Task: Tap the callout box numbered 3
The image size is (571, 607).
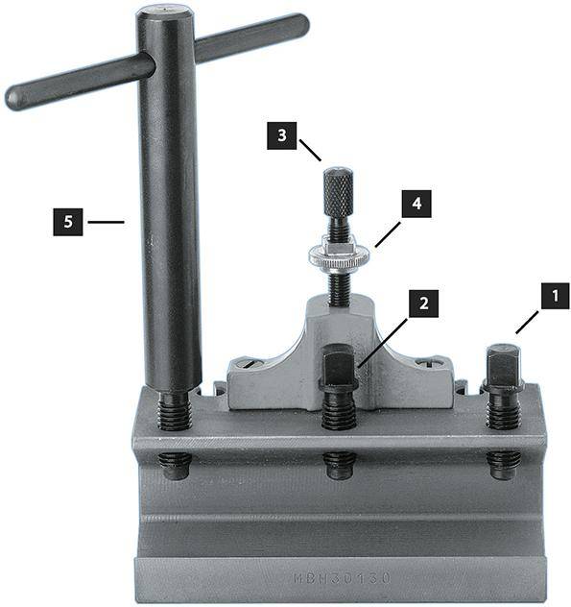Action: [281, 136]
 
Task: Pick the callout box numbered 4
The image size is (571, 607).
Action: [416, 204]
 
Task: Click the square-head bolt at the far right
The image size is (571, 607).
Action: [504, 369]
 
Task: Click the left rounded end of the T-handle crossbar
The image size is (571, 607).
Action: [17, 98]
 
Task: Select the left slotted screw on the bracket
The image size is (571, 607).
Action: [249, 363]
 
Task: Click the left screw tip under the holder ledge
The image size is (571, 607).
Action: [174, 465]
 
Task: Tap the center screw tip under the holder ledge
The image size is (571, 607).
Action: [339, 465]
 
